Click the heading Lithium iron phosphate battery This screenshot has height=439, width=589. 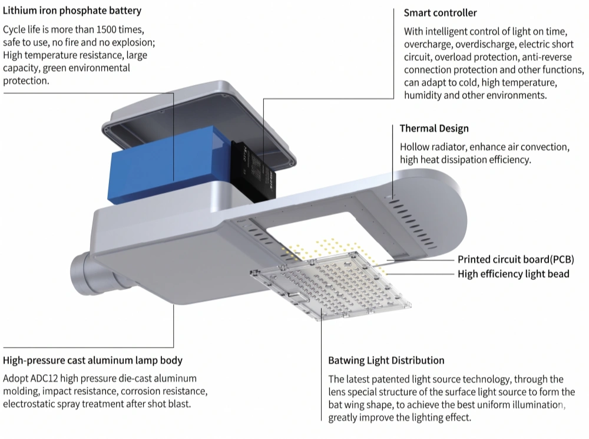(x=72, y=11)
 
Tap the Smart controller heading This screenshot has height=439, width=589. (x=441, y=13)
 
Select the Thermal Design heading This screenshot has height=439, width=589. (x=434, y=128)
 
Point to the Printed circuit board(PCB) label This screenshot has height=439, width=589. (x=515, y=259)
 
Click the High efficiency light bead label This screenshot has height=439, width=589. (x=513, y=273)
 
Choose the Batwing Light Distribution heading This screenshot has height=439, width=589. (x=386, y=360)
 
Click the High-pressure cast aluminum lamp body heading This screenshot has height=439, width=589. (x=92, y=360)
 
